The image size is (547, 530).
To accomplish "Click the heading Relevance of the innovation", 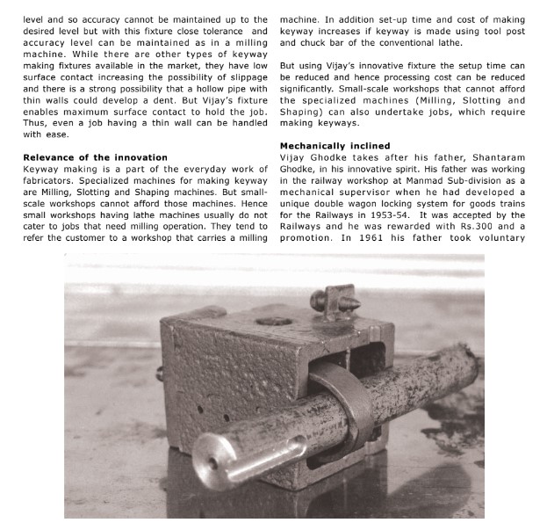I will pos(95,156).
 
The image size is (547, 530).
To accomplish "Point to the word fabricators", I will pos(52,179).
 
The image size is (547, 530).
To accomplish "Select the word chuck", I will pos(313,42).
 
